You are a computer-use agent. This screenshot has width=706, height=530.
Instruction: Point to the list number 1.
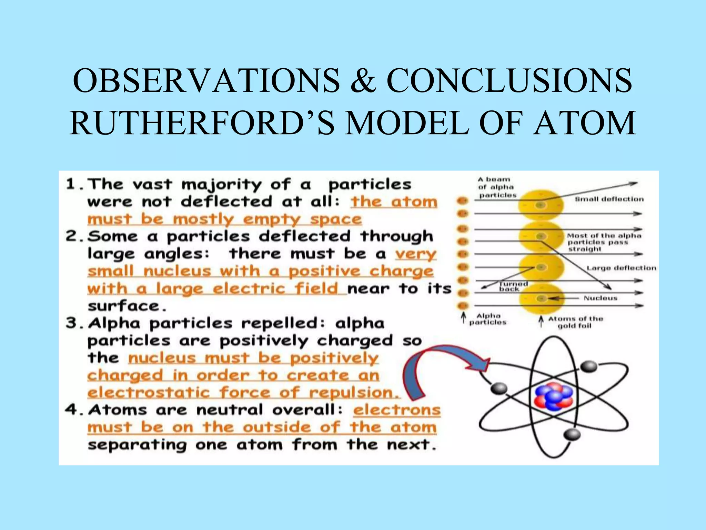(x=71, y=184)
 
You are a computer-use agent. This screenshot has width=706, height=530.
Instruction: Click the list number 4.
(x=71, y=410)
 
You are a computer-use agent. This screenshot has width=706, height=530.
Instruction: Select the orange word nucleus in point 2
(x=177, y=271)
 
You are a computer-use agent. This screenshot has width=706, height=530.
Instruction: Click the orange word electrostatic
(x=149, y=393)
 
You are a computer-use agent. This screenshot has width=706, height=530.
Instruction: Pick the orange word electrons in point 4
(x=397, y=410)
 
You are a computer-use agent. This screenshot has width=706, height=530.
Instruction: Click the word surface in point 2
(x=124, y=306)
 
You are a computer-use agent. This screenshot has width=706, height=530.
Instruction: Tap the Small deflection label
(x=609, y=199)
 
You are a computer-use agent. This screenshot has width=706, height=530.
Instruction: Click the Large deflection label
(x=621, y=268)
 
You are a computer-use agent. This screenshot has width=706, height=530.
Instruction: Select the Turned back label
(x=513, y=286)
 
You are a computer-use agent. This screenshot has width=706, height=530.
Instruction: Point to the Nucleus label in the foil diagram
(x=600, y=298)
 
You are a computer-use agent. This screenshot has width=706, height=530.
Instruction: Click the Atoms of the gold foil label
(x=575, y=322)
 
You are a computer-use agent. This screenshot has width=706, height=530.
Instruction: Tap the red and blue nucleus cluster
(x=554, y=396)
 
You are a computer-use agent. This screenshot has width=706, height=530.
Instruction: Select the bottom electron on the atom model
(x=573, y=434)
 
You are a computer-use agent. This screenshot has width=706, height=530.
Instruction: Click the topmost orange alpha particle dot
(x=463, y=200)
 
